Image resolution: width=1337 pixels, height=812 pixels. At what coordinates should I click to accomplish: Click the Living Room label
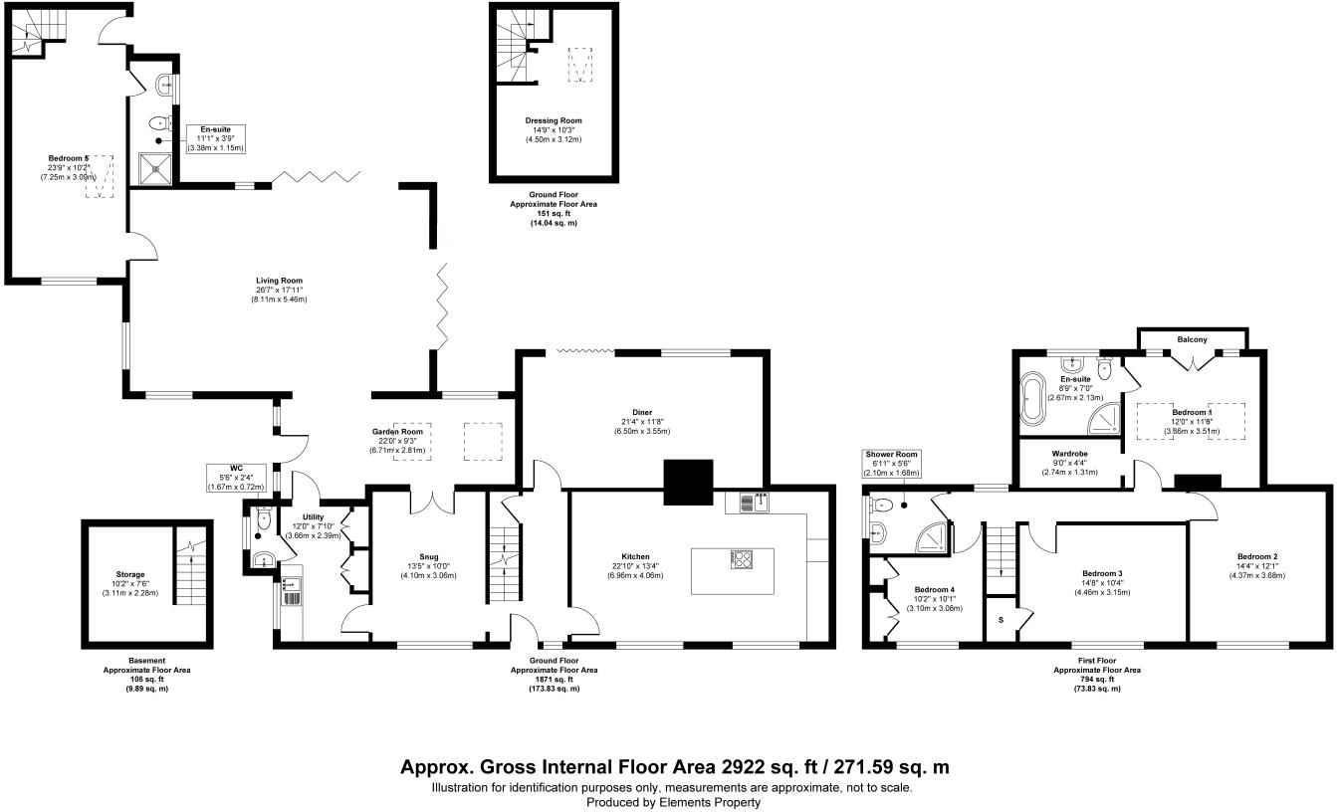coord(278,281)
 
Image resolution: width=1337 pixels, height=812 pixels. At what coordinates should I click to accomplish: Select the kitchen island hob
coord(742,559)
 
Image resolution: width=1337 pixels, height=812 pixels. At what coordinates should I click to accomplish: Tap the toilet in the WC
coord(263,519)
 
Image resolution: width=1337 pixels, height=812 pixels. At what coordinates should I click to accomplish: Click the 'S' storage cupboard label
coord(1000,620)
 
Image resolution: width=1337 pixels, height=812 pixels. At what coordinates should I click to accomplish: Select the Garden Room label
coord(398,432)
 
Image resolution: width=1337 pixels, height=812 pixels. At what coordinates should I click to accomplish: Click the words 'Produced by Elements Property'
coord(672,801)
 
